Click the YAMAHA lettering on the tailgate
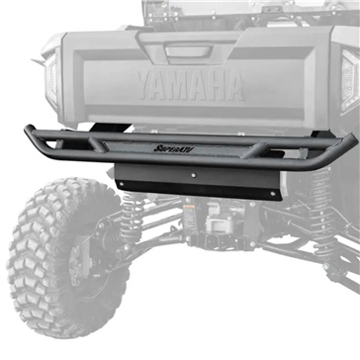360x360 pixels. [188, 87]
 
